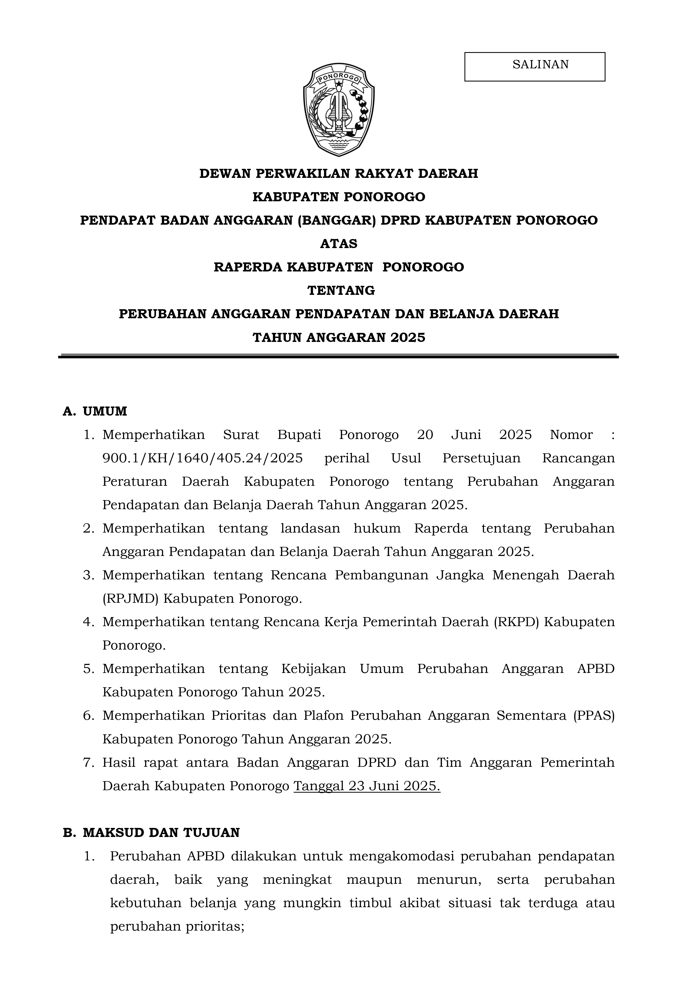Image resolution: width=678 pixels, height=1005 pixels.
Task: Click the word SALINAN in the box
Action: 541,64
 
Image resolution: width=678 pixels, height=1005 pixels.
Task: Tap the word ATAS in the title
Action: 339,244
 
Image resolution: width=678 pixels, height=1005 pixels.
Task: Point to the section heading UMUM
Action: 105,411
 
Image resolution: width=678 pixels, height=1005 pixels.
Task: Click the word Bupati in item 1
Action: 299,435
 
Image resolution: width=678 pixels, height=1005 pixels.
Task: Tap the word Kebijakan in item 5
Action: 314,669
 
